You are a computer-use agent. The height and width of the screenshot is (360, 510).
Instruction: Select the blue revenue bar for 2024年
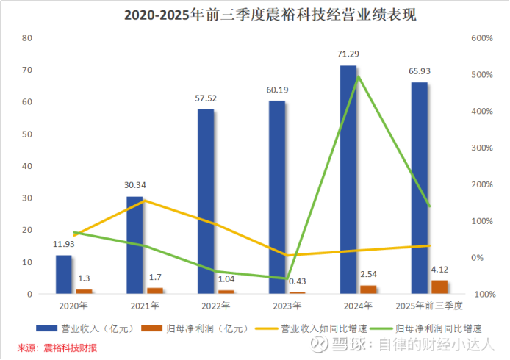[348, 180]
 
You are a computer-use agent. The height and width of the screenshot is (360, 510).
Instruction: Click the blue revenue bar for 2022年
[206, 202]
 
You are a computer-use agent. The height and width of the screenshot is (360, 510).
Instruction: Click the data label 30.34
[135, 185]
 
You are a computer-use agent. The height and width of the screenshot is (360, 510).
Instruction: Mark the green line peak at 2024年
[358, 76]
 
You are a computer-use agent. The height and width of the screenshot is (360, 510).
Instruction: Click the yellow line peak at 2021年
[144, 200]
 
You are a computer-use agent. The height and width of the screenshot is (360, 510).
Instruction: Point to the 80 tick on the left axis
[28, 38]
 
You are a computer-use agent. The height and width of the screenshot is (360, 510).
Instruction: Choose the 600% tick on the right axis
[481, 38]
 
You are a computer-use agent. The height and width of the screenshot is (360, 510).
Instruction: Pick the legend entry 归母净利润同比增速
[442, 328]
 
